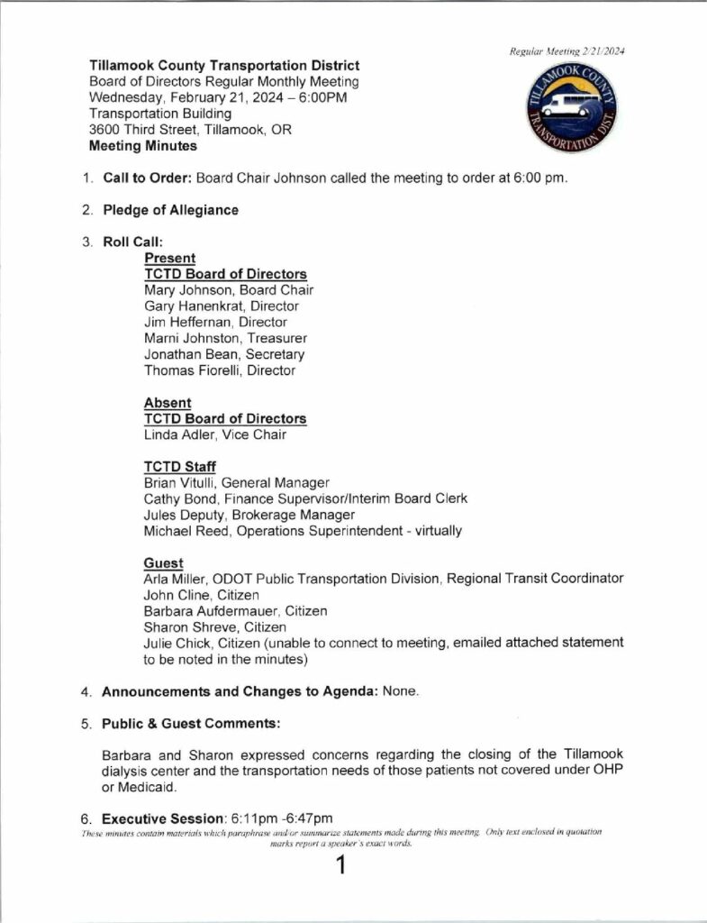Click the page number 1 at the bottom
click(340, 867)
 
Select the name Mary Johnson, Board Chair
click(229, 290)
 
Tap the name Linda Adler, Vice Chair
click(215, 434)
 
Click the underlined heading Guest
click(163, 563)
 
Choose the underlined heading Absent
click(168, 403)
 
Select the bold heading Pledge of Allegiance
click(170, 210)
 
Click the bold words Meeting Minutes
click(142, 146)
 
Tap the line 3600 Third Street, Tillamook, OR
click(190, 130)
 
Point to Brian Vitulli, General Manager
click(237, 483)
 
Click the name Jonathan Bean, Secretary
click(224, 354)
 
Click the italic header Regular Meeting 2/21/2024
click(567, 51)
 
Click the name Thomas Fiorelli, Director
click(219, 370)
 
